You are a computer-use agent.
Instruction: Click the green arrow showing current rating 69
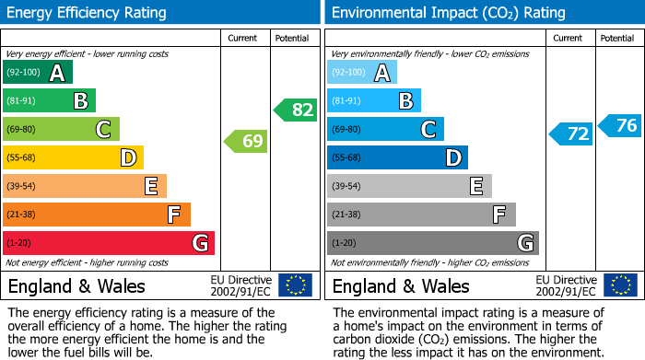pyautogui.click(x=245, y=141)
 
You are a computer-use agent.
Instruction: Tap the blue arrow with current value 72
pyautogui.click(x=570, y=134)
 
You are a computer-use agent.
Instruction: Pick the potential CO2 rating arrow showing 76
pyautogui.click(x=619, y=125)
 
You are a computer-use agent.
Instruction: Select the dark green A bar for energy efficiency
pyautogui.click(x=38, y=73)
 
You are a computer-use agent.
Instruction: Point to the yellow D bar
pyautogui.click(x=73, y=157)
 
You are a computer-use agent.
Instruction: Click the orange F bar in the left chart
pyautogui.click(x=97, y=215)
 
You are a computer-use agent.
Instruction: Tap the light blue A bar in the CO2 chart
pyautogui.click(x=362, y=73)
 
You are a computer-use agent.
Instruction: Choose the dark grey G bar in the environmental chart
pyautogui.click(x=432, y=243)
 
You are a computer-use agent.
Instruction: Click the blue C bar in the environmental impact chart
pyautogui.click(x=385, y=130)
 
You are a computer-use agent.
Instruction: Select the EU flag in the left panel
pyautogui.click(x=295, y=285)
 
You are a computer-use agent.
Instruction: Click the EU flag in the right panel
pyautogui.click(x=619, y=285)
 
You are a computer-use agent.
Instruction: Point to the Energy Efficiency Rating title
pyautogui.click(x=88, y=13)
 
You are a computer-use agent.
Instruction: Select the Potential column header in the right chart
pyautogui.click(x=616, y=38)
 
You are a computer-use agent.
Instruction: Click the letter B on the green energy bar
pyautogui.click(x=80, y=101)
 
